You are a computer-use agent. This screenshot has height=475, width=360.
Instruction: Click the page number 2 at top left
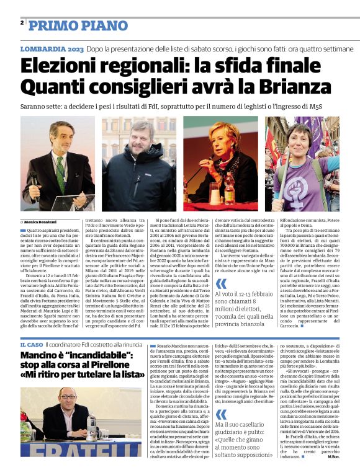tap(22, 23)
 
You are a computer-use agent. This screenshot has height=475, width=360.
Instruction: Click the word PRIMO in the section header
tap(51, 25)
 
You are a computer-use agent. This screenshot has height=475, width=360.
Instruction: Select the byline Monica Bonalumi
tap(40, 221)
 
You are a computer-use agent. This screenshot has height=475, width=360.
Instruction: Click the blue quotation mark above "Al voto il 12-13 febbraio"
tap(221, 284)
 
